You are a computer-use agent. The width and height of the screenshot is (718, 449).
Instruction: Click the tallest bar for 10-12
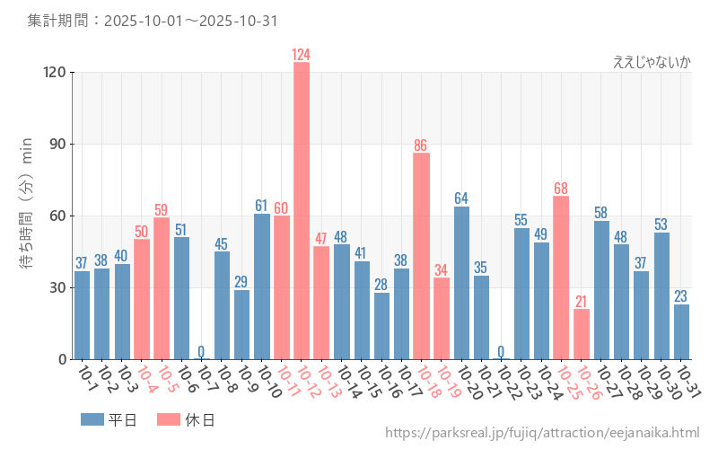click(x=302, y=211)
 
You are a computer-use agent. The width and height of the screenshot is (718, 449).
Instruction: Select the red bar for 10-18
click(x=422, y=256)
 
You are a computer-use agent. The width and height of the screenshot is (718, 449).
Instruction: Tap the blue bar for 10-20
click(x=461, y=283)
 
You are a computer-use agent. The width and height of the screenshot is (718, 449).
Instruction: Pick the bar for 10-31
click(x=681, y=331)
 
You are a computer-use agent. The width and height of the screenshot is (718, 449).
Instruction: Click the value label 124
click(x=302, y=55)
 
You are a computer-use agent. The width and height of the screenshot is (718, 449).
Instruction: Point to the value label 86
click(x=422, y=145)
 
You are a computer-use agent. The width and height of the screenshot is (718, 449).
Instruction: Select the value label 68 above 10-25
click(x=561, y=189)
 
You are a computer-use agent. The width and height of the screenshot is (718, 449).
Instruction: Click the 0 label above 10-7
click(x=201, y=351)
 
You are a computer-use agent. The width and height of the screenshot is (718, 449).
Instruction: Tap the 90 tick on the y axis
click(x=55, y=145)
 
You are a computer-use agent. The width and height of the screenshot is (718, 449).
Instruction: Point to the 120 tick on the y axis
click(x=51, y=73)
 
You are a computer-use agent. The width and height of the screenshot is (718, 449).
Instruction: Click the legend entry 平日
click(x=109, y=419)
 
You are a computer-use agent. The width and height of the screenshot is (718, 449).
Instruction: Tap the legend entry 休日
click(x=186, y=419)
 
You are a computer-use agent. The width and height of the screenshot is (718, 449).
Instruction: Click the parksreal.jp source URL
click(x=542, y=433)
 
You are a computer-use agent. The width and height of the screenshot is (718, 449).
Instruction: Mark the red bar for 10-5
click(x=162, y=288)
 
